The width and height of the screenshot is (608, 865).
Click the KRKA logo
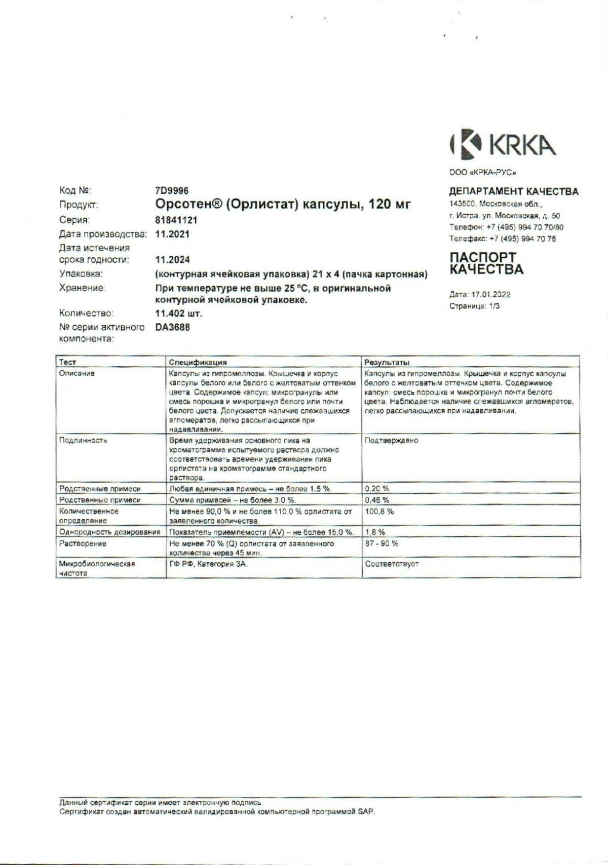click(x=502, y=144)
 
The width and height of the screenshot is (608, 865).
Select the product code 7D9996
click(x=172, y=190)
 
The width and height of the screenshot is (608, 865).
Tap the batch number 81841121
click(x=176, y=220)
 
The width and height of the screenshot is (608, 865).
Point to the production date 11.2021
click(x=172, y=234)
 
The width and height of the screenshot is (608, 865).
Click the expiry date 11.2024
click(x=172, y=260)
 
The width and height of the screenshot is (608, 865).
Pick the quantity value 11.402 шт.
click(x=178, y=313)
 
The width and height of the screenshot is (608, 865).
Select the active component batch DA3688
click(x=172, y=327)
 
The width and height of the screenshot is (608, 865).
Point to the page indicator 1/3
click(x=494, y=306)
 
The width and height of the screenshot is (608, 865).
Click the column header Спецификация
click(x=198, y=362)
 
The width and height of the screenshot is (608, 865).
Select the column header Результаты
click(x=387, y=362)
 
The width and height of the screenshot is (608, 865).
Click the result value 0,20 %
click(x=377, y=489)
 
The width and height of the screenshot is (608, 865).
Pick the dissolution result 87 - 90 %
click(x=382, y=543)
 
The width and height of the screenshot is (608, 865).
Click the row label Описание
click(x=77, y=373)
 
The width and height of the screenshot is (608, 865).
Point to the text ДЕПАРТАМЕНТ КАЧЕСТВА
click(x=514, y=191)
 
